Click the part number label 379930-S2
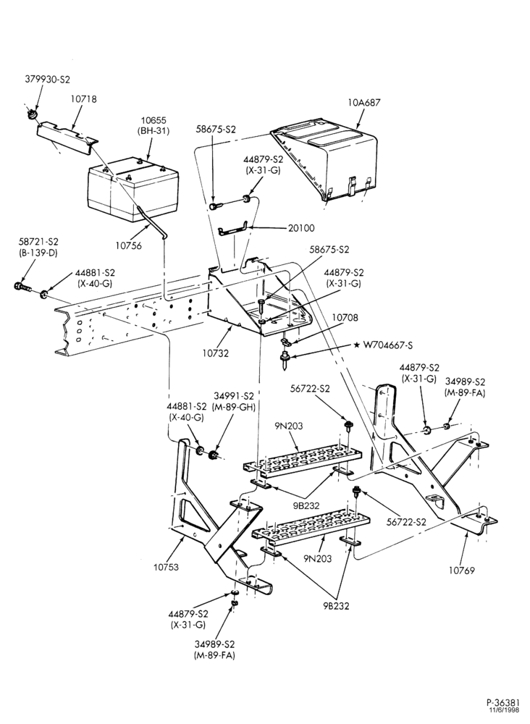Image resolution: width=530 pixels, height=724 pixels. (48, 80)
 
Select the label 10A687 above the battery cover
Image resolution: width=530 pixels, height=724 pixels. (365, 103)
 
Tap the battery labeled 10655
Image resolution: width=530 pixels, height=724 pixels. (133, 188)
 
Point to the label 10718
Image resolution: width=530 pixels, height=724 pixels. (84, 98)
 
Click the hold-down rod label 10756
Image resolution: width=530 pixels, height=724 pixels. (128, 245)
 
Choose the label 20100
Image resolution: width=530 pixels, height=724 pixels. (300, 227)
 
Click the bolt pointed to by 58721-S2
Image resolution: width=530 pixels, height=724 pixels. (22, 287)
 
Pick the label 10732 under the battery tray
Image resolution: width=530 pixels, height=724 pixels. (215, 353)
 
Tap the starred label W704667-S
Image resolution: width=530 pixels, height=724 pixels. (383, 345)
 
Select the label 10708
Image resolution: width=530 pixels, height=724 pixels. (345, 318)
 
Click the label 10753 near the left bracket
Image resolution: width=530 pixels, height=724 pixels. (167, 567)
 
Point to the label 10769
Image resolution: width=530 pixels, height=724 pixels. (461, 571)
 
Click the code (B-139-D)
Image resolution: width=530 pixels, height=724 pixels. (38, 253)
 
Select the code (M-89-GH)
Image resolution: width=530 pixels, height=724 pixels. (234, 407)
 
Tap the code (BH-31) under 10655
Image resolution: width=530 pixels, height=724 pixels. (153, 130)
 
